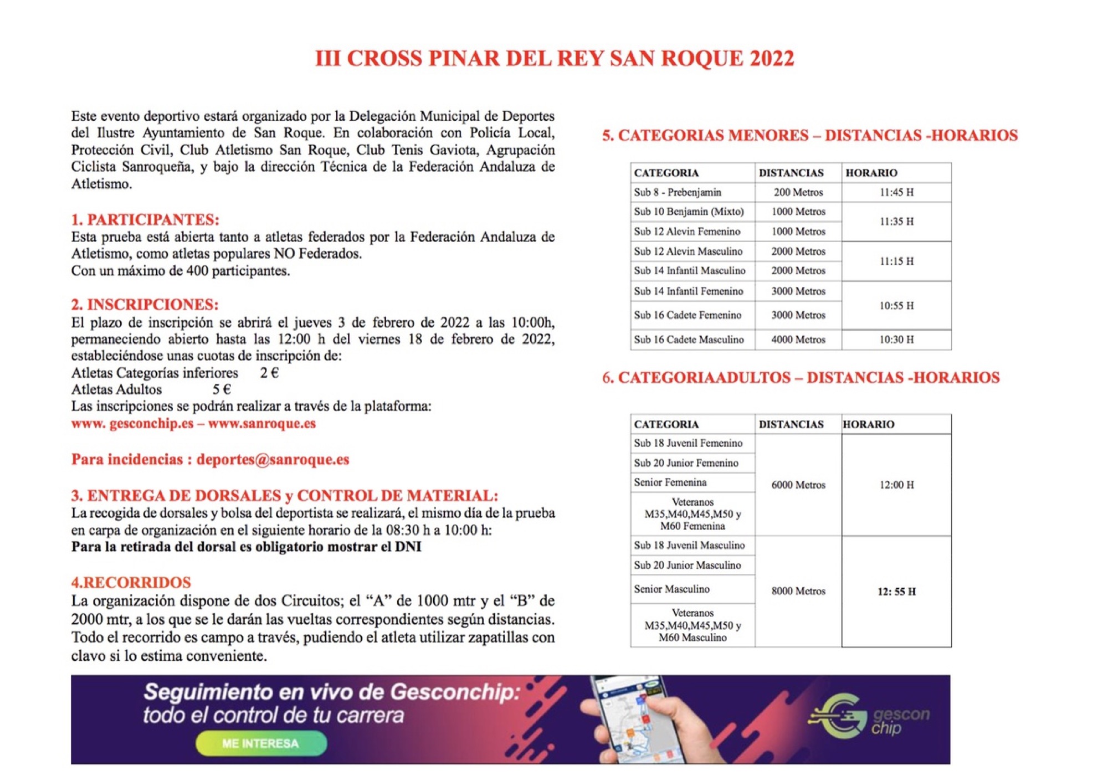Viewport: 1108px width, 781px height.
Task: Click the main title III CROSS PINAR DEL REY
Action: [555, 59]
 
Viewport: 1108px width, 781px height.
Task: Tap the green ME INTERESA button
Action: [260, 743]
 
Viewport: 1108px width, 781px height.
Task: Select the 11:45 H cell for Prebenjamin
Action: [896, 192]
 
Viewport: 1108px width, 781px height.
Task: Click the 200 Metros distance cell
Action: [798, 192]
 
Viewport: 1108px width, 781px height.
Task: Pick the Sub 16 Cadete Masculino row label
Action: [689, 340]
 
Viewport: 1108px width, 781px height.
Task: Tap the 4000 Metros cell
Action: [798, 340]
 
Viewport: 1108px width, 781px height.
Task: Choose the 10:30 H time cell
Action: [896, 340]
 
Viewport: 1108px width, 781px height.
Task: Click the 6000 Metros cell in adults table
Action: [798, 485]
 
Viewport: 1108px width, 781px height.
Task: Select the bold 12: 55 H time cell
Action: [896, 592]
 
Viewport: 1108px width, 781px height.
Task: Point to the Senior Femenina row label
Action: [670, 482]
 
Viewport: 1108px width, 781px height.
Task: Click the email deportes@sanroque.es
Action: [273, 460]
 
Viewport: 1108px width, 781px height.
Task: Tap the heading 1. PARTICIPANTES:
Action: [145, 220]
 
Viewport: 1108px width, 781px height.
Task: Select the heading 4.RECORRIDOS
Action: [131, 582]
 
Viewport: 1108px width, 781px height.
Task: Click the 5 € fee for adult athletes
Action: [222, 389]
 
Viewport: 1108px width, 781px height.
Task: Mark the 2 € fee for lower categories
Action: [269, 373]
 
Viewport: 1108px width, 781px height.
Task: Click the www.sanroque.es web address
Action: [262, 424]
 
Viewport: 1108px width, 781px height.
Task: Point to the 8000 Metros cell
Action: [798, 591]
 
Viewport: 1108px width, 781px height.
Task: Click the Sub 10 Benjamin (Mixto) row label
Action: [689, 212]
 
